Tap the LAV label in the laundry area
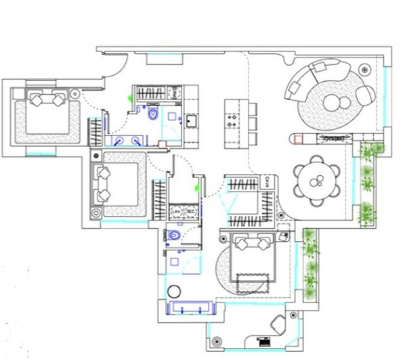177,212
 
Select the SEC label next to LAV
191,212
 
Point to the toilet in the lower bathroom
175,235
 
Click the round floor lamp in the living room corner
366,70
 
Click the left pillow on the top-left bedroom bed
35,99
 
